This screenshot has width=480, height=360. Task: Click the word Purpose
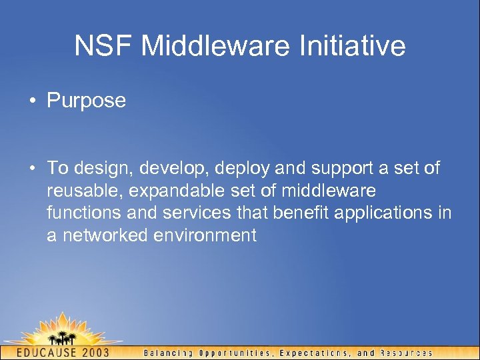86,101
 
